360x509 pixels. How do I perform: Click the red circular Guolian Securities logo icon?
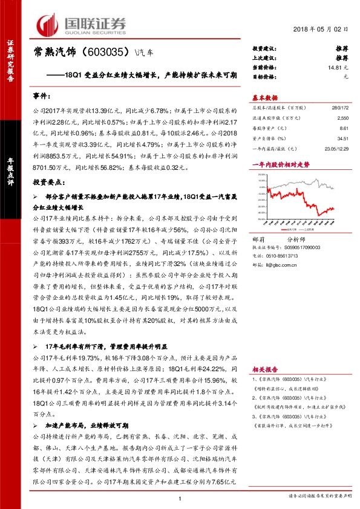click(x=48, y=25)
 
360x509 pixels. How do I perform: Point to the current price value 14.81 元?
click(x=337, y=68)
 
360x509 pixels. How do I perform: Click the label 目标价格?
click(x=263, y=77)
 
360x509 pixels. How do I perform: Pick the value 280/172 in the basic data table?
click(x=339, y=108)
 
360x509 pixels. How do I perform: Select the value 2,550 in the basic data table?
click(x=343, y=118)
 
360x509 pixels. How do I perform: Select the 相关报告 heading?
click(x=265, y=368)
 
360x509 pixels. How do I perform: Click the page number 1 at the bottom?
click(x=180, y=498)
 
